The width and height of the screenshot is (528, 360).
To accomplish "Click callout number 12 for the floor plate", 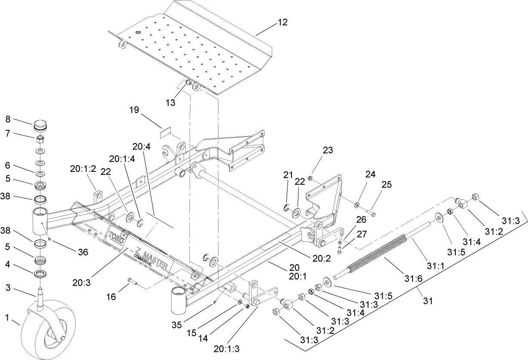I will [283, 21].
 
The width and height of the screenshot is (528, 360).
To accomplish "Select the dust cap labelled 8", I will [40, 128].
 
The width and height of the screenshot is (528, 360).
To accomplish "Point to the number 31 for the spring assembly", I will [427, 301].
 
